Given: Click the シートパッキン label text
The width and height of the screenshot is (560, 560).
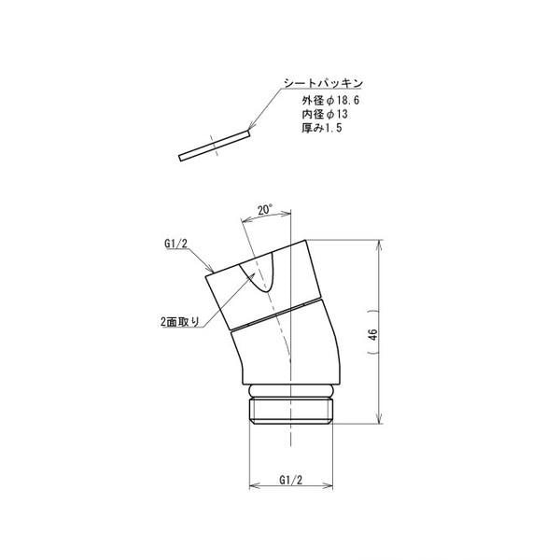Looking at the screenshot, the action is coord(323,83).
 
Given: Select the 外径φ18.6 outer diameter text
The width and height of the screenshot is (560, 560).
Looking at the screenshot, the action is coord(330,101).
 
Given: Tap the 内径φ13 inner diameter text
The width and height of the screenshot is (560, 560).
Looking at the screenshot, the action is coord(325,114).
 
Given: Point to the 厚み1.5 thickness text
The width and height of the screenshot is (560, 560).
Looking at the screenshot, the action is coord(322,128).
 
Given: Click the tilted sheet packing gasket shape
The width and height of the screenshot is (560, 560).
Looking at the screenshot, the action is coord(214,146).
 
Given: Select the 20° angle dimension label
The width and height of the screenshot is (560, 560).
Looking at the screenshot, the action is coord(265,210).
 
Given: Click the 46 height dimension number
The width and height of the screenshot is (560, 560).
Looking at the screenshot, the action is coord(372,335).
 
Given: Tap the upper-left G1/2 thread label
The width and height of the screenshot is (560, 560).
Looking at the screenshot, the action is coord(175,244).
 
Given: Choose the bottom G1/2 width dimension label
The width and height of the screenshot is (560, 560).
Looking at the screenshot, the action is coord(290,480).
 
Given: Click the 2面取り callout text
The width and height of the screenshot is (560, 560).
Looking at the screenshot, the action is coord(179,322).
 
